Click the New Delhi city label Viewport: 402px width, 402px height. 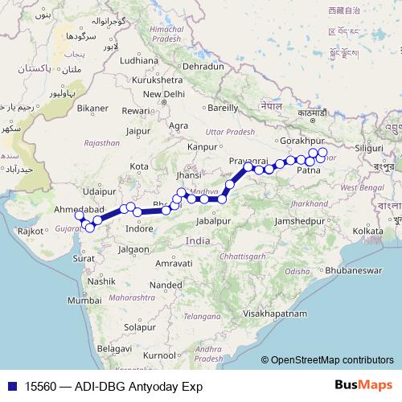(x=165, y=93)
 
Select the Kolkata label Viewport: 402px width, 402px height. (x=367, y=231)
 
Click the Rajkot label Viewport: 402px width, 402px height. (x=31, y=231)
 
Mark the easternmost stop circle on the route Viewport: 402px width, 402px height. (x=322, y=152)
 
